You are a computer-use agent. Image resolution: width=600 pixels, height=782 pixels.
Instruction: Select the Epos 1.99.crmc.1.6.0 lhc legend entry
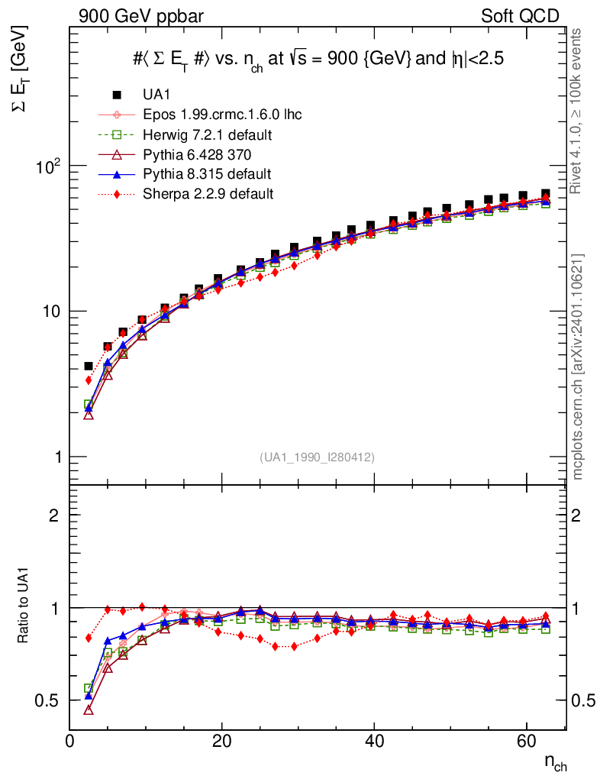221,115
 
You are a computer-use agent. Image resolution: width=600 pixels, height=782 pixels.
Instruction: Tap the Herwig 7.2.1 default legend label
208,134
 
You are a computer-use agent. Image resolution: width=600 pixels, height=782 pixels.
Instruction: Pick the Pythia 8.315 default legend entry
207,174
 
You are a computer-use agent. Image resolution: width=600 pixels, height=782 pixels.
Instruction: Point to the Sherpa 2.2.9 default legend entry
208,194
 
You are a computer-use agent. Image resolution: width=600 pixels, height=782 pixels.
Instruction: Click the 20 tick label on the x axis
221,740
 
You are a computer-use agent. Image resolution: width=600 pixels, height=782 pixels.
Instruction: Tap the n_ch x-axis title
555,761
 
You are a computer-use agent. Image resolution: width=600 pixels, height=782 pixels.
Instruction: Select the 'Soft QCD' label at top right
520,16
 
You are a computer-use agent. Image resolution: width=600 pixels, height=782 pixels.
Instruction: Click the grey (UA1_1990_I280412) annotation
317,457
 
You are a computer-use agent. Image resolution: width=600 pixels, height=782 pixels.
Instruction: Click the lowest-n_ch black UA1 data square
89,367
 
